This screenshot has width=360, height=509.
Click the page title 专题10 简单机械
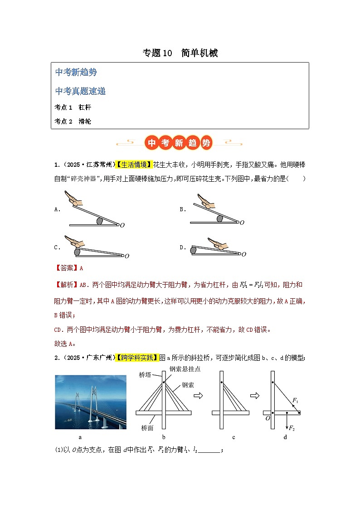pyautogui.click(x=180, y=53)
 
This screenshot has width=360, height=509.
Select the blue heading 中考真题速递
pyautogui.click(x=80, y=91)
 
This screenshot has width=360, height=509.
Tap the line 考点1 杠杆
pyautogui.click(x=73, y=107)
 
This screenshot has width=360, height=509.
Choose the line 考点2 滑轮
pyautogui.click(x=73, y=121)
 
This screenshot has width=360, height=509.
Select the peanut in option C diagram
pyautogui.click(x=77, y=251)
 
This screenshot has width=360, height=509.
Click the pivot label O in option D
pyautogui.click(x=244, y=254)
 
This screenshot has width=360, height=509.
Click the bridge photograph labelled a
pyautogui.click(x=90, y=402)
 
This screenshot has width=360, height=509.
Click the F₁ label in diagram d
pyautogui.click(x=295, y=400)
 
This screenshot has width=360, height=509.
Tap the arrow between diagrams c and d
pyautogui.click(x=255, y=396)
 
